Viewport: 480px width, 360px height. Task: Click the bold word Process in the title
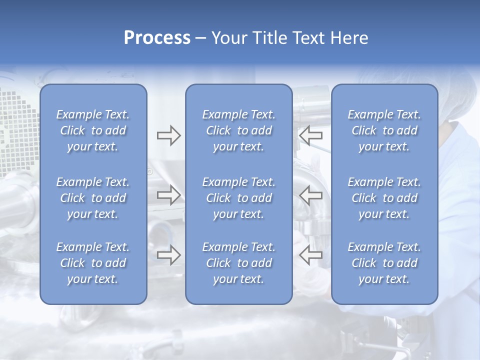tap(157, 38)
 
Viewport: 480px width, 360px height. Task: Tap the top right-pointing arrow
tap(168, 135)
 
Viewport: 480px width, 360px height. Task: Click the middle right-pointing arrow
tap(168, 195)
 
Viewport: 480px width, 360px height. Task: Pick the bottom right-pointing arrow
tap(168, 255)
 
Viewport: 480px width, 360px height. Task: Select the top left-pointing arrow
tap(310, 135)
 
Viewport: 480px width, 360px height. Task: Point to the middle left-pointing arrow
tap(310, 195)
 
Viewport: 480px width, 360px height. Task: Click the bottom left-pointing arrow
tap(310, 255)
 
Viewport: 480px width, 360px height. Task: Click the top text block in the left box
tap(93, 130)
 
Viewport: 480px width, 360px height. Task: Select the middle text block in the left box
tap(93, 198)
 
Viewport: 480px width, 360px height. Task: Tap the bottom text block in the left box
tap(93, 263)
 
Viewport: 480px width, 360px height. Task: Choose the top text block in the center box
tap(238, 130)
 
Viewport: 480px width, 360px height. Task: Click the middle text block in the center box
tap(238, 198)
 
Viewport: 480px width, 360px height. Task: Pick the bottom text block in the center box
tap(238, 263)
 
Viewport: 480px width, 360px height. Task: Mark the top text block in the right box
tap(384, 130)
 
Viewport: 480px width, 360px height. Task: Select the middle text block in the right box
tap(384, 198)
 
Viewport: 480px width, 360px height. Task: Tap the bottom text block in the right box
tap(384, 263)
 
